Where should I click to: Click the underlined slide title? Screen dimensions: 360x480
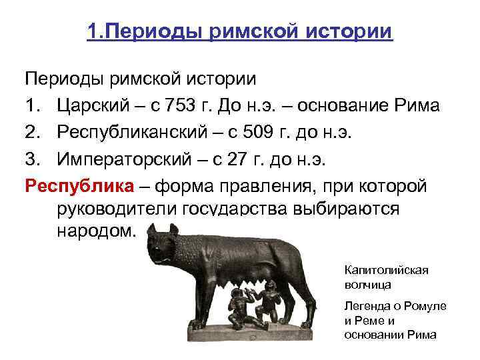click(x=239, y=32)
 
